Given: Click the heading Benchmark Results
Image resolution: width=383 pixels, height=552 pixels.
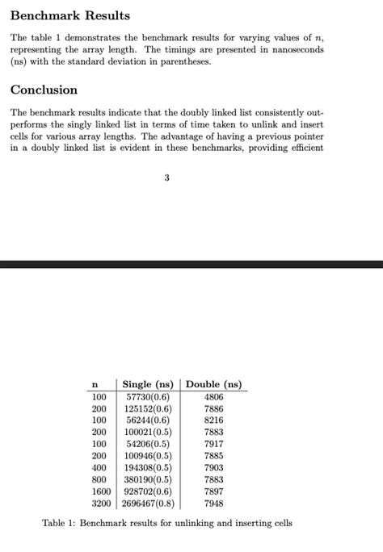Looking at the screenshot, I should pyautogui.click(x=69, y=15).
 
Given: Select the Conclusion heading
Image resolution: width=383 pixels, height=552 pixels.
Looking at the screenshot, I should pyautogui.click(x=44, y=90).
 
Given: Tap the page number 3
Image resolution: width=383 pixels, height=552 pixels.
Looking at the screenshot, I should pyautogui.click(x=166, y=179).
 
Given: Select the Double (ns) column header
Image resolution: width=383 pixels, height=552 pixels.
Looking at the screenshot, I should pyautogui.click(x=213, y=384).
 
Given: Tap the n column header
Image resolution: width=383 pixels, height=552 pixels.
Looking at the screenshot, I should pyautogui.click(x=98, y=385).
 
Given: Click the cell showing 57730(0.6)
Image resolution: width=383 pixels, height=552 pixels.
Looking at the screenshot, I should pyautogui.click(x=147, y=397).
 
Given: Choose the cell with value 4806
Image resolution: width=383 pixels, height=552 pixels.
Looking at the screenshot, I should pyautogui.click(x=213, y=397).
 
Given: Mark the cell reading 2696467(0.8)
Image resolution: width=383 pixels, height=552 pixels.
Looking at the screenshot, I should pyautogui.click(x=148, y=503).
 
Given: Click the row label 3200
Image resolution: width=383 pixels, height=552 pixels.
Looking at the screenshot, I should pyautogui.click(x=100, y=503).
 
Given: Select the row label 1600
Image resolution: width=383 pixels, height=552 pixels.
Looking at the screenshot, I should pyautogui.click(x=100, y=491).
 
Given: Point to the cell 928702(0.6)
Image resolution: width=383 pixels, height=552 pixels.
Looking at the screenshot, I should pyautogui.click(x=148, y=491).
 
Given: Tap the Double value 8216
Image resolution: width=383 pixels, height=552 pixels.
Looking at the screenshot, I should pyautogui.click(x=213, y=420).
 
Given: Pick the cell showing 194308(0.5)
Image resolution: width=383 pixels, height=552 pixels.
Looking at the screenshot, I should pyautogui.click(x=148, y=467).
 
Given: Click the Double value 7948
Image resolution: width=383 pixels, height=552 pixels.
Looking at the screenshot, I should pyautogui.click(x=213, y=503).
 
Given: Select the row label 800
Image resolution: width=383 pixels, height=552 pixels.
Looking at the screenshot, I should pyautogui.click(x=99, y=479).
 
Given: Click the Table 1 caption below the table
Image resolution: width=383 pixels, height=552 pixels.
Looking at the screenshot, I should pyautogui.click(x=166, y=523).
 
